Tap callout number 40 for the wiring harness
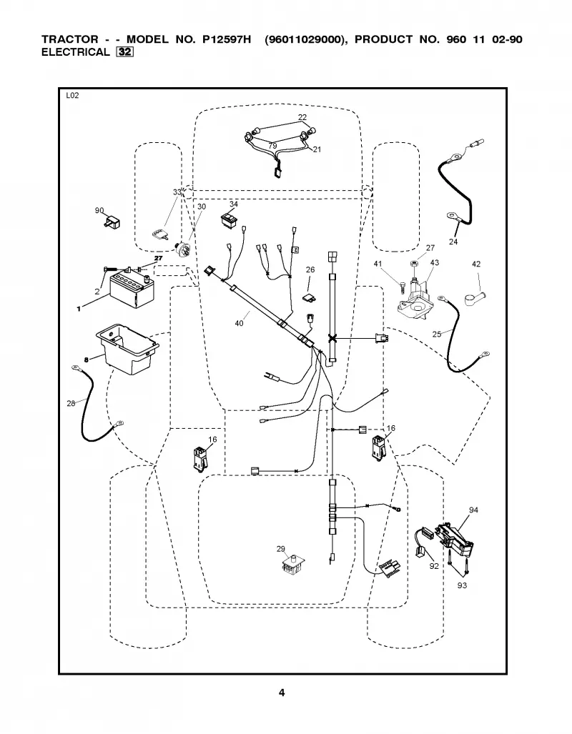click(x=240, y=323)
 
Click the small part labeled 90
click(x=112, y=222)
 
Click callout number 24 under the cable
click(x=453, y=242)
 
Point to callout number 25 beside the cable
click(x=437, y=334)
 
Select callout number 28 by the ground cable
click(x=71, y=403)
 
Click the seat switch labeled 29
click(x=292, y=565)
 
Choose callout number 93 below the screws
click(x=462, y=585)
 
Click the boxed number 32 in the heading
click(x=124, y=52)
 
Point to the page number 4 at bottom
click(x=282, y=693)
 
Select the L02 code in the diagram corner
click(x=73, y=96)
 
